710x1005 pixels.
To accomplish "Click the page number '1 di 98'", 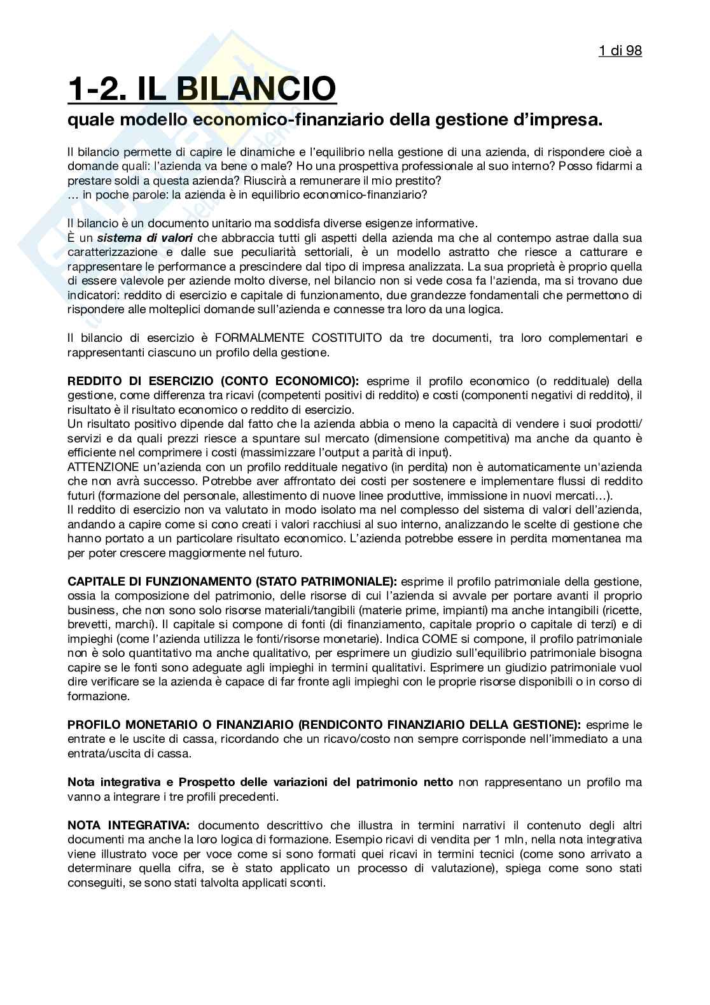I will (x=620, y=50).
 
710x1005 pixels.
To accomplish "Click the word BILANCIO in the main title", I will (x=256, y=88).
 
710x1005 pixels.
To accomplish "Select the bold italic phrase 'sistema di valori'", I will (x=145, y=238).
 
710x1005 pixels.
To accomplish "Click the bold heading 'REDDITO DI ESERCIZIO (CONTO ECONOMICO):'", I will (x=213, y=381).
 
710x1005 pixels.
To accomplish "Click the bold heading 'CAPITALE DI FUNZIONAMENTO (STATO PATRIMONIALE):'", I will (x=232, y=581).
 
